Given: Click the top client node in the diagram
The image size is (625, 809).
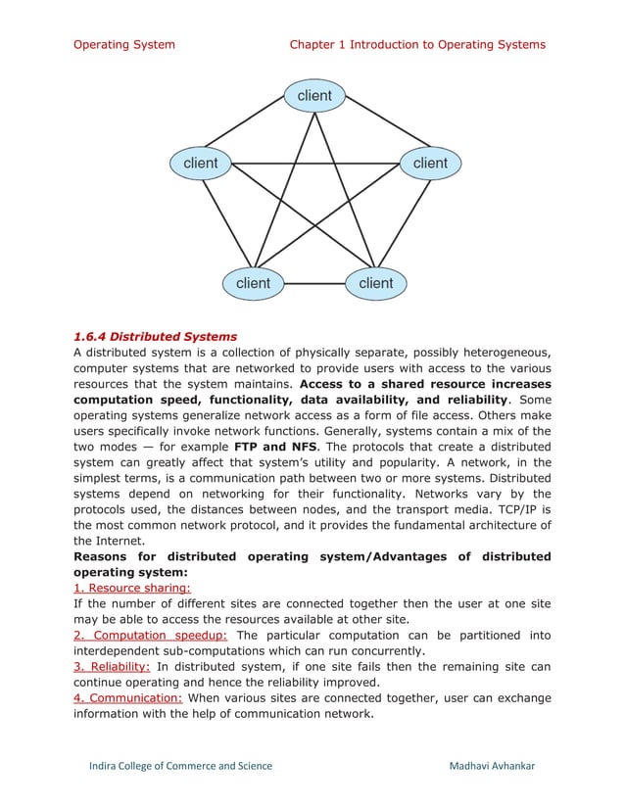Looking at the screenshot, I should click(x=313, y=96).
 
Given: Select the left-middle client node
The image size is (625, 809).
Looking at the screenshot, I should click(x=201, y=163).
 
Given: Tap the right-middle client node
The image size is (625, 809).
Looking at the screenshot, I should click(x=429, y=163).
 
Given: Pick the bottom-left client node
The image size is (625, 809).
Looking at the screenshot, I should click(x=253, y=283).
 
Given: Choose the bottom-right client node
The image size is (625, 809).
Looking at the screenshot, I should click(x=375, y=283).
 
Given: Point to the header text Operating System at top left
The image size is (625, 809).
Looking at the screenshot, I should click(x=124, y=44).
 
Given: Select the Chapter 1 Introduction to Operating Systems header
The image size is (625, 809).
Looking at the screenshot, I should click(x=417, y=44).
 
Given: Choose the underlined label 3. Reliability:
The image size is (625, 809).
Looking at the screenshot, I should click(x=113, y=666).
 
